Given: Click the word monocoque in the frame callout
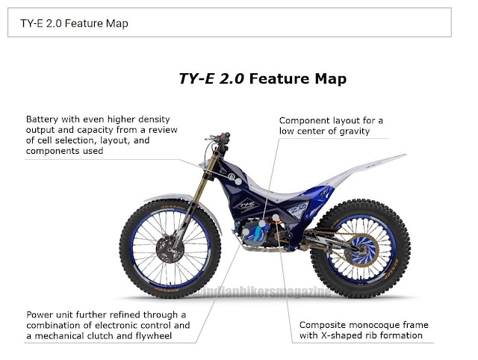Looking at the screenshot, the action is click(371, 325).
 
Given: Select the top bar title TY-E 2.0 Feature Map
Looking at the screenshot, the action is click(74, 23).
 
